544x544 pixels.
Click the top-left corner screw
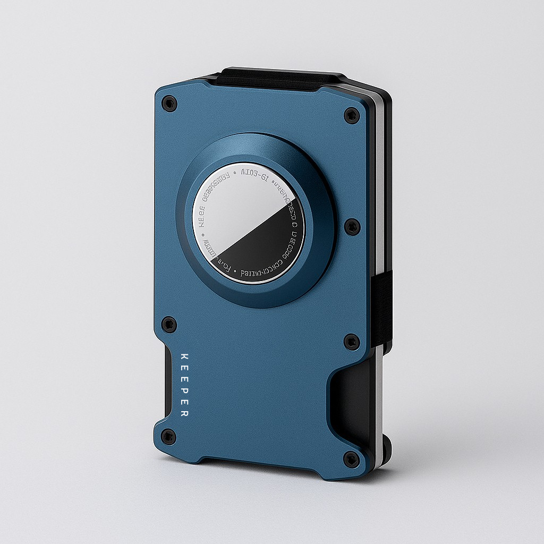coord(169,103)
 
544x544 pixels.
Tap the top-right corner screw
coord(352,115)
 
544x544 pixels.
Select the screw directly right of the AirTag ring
coord(352,227)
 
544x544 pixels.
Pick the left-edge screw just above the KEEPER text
coord(169,324)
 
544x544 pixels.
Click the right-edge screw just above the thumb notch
coord(352,342)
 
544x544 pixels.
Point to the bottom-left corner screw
coord(168,437)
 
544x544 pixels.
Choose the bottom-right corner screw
coord(351,458)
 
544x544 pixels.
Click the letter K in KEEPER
coord(184,356)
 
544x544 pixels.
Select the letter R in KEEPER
coord(184,413)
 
